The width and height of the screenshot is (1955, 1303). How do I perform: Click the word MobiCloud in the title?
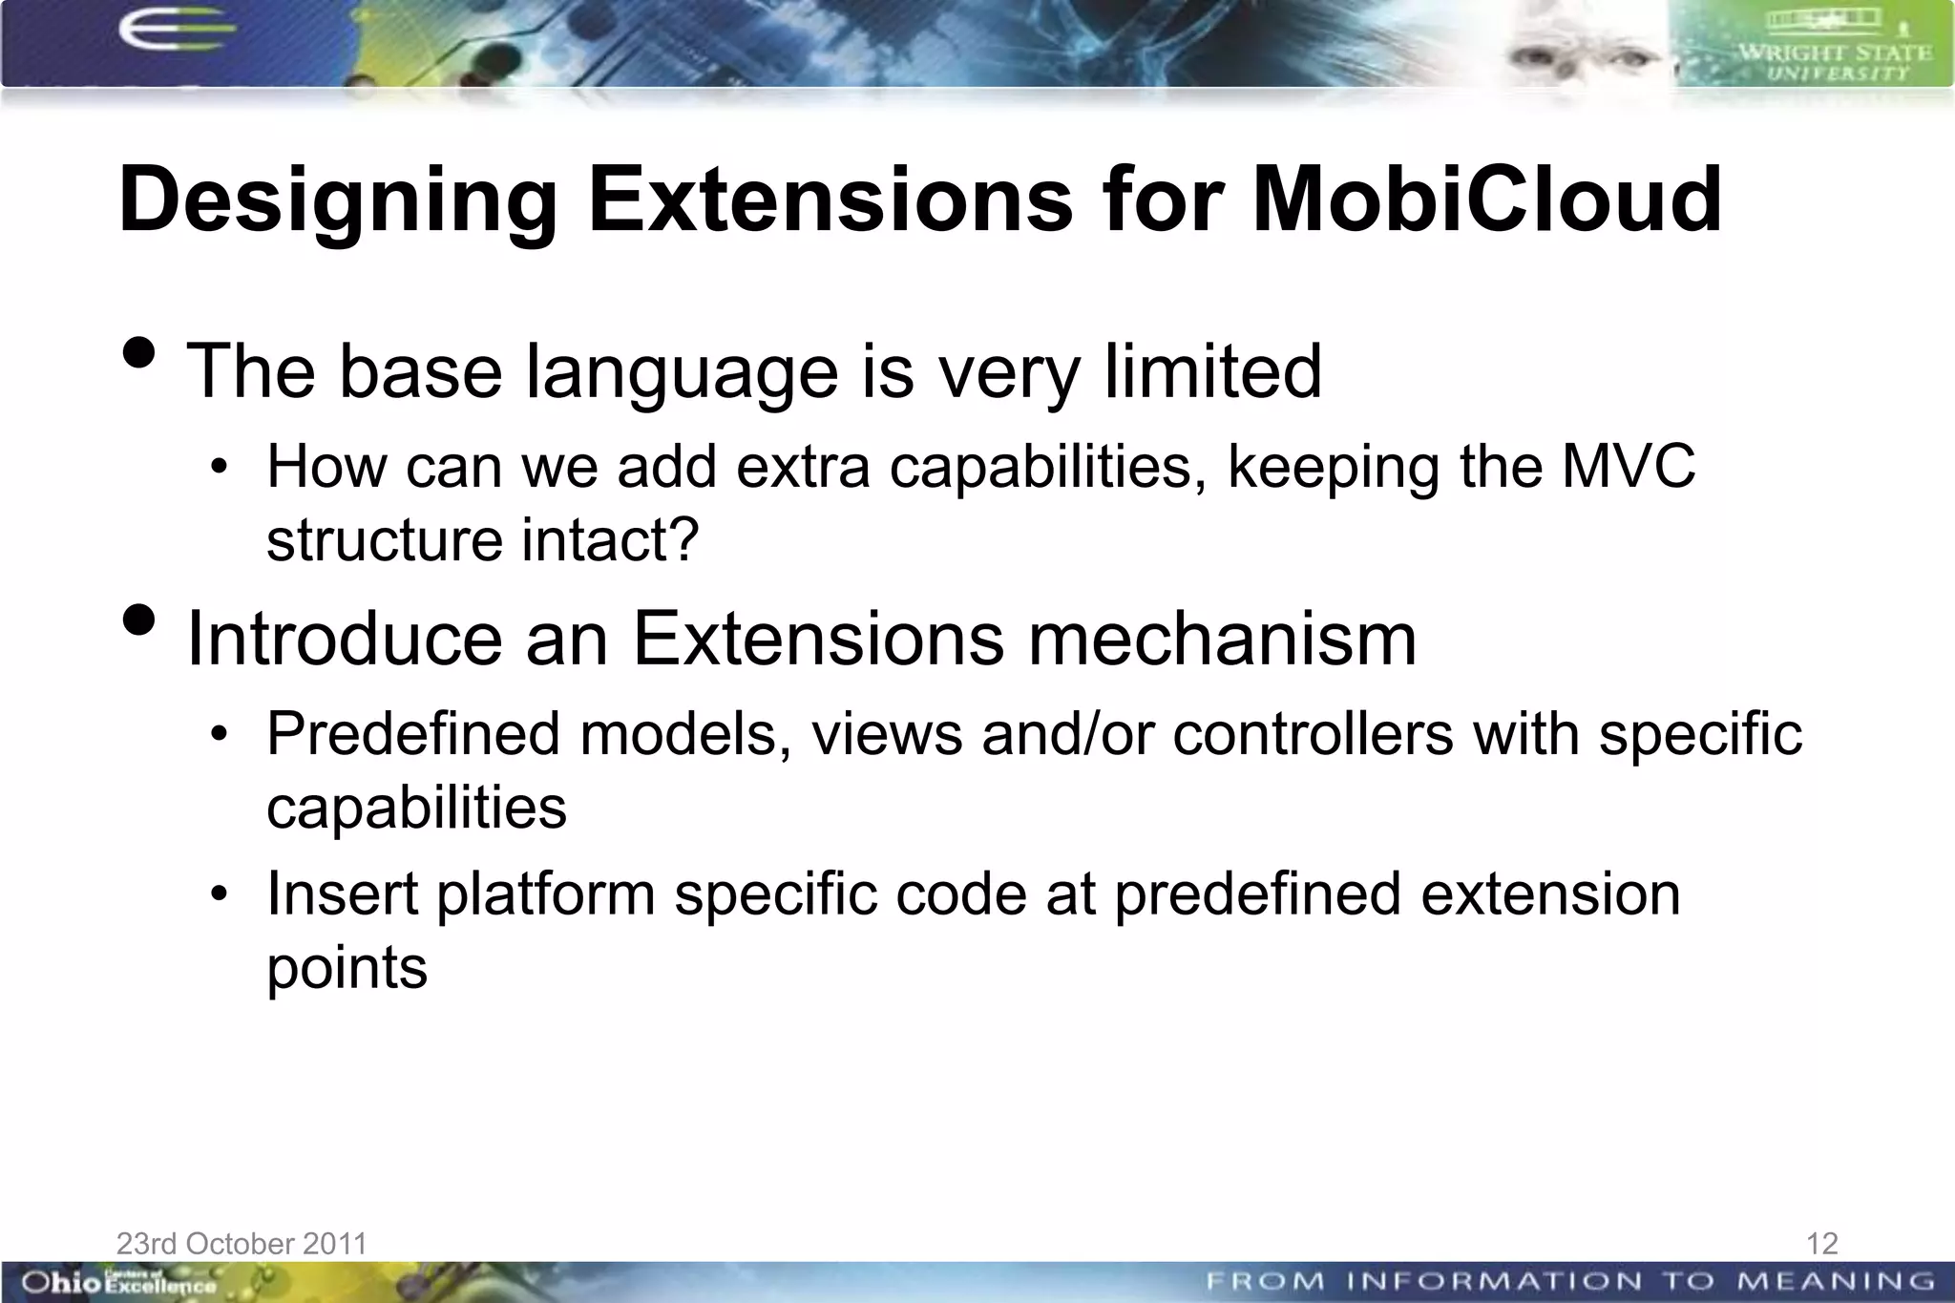(x=1486, y=200)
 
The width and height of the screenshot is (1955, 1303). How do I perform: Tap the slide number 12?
(x=1821, y=1243)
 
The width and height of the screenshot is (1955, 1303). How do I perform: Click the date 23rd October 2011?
(x=242, y=1243)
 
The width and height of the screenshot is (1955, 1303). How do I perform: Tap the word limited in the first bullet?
(x=1212, y=371)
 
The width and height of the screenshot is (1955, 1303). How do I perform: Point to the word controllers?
(x=1313, y=734)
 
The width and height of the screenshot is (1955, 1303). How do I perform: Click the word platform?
(x=546, y=894)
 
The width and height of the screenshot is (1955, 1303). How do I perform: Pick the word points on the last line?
(x=347, y=969)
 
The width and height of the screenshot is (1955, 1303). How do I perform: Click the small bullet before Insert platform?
(x=220, y=894)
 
